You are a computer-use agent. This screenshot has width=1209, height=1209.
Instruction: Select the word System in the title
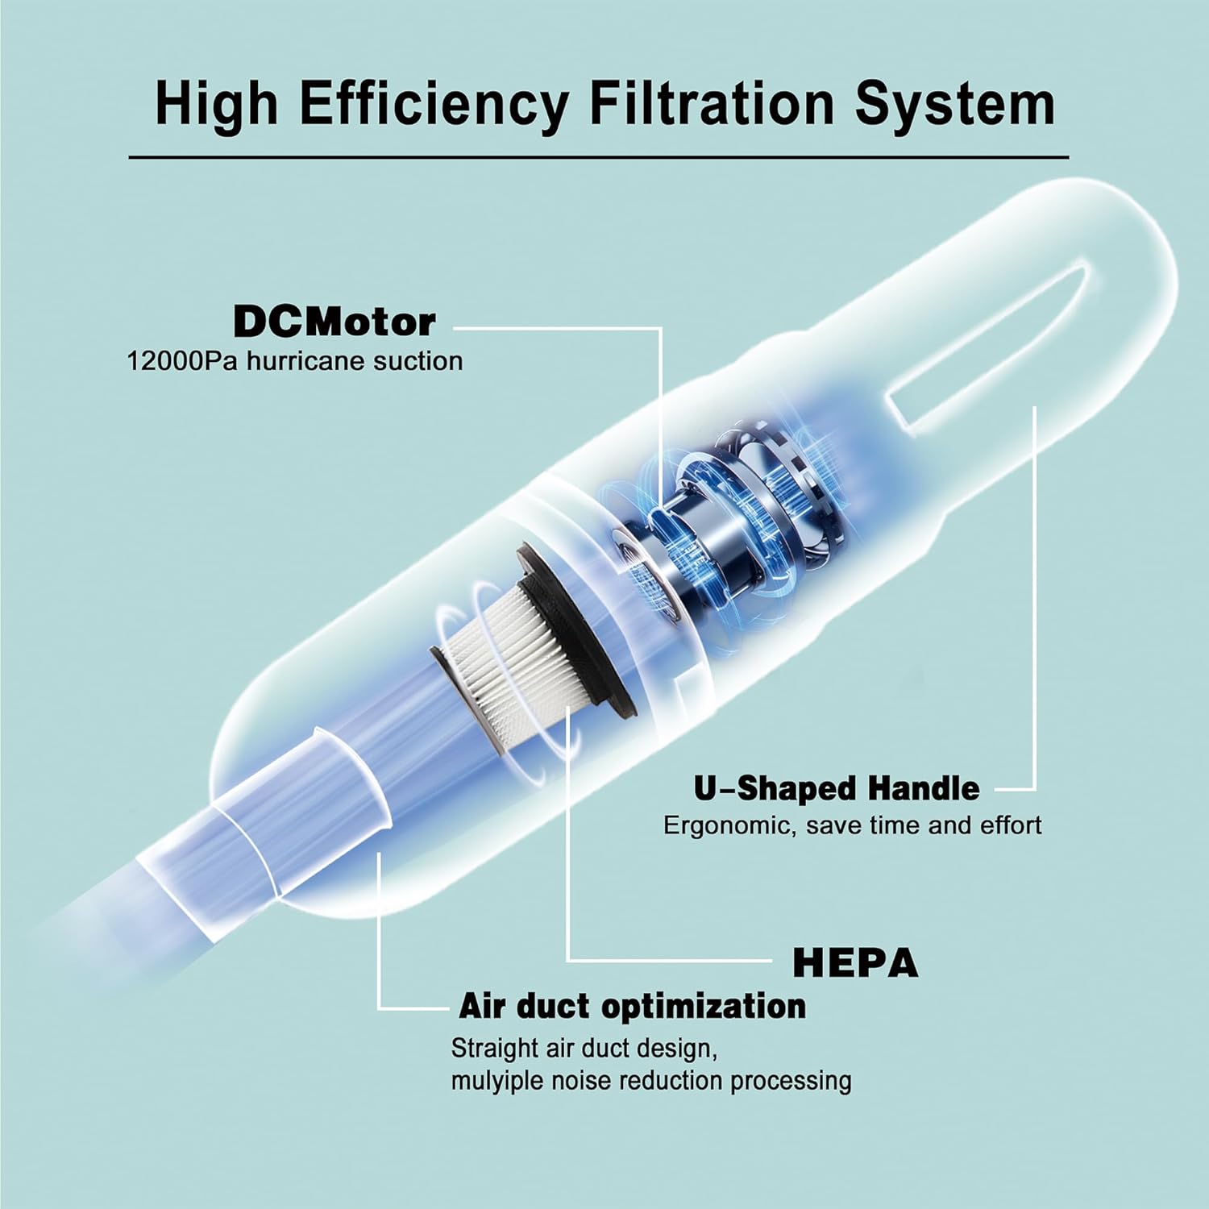(955, 106)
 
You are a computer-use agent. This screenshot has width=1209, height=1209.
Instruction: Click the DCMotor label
(334, 322)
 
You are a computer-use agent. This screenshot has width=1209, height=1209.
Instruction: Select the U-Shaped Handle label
(837, 788)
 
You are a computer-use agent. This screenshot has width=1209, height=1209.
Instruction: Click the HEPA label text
(855, 962)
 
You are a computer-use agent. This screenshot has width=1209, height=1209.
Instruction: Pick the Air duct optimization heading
(632, 1007)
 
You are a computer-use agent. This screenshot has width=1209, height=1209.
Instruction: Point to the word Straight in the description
(494, 1049)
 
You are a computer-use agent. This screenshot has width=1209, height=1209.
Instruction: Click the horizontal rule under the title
(599, 156)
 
